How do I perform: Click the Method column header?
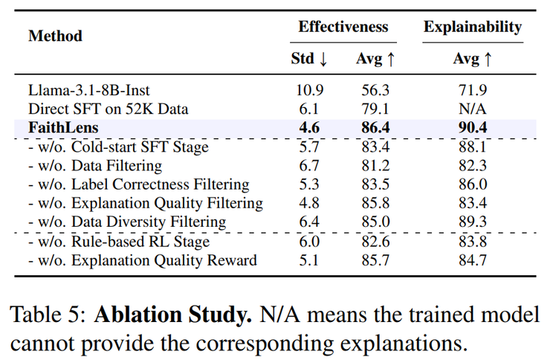tap(55, 36)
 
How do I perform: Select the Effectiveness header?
tap(343, 27)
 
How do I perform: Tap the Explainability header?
tap(472, 27)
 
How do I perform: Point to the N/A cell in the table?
tap(472, 109)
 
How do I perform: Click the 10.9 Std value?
tap(308, 90)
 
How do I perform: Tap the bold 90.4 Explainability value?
tap(472, 128)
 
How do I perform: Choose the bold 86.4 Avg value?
tap(375, 128)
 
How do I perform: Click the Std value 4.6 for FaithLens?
tap(308, 128)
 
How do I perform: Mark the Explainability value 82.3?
tap(472, 166)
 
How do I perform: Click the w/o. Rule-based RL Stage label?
tap(119, 242)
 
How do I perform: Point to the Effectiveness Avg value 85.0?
tap(375, 222)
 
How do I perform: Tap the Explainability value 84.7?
tap(472, 260)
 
